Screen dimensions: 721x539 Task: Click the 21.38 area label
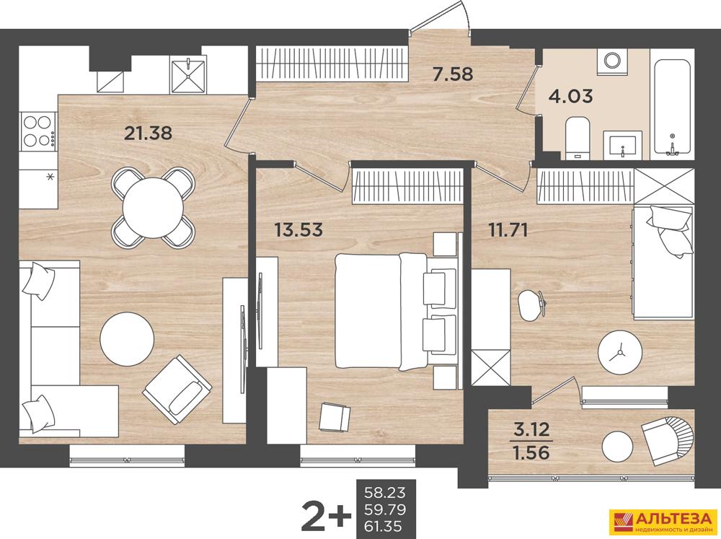pyautogui.click(x=148, y=133)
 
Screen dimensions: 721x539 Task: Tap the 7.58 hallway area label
pyautogui.click(x=453, y=74)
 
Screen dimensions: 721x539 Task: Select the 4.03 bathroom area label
pyautogui.click(x=571, y=96)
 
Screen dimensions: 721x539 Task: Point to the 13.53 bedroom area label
pyautogui.click(x=298, y=229)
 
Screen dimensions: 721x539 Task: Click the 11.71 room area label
pyautogui.click(x=507, y=229)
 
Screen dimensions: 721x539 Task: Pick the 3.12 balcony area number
pyautogui.click(x=531, y=429)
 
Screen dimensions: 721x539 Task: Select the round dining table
pyautogui.click(x=153, y=208)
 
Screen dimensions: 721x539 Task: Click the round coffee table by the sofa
pyautogui.click(x=127, y=339)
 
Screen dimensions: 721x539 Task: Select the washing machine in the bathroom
pyautogui.click(x=612, y=61)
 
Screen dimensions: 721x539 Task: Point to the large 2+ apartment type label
pyautogui.click(x=326, y=514)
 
